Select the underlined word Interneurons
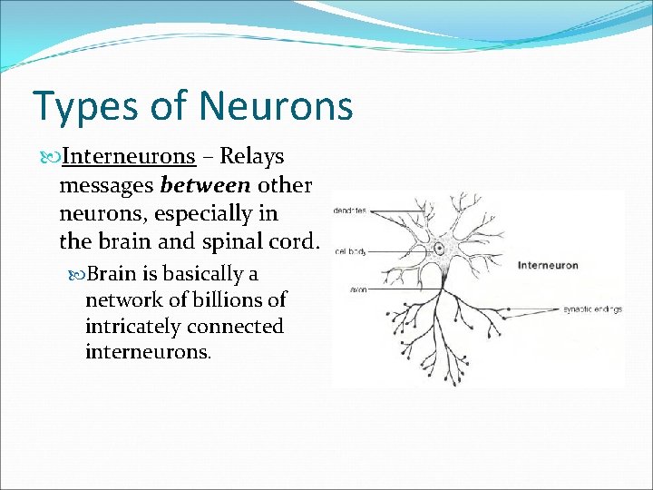[x=129, y=156]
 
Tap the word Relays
[x=252, y=156]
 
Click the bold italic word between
[x=206, y=185]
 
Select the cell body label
[x=350, y=250]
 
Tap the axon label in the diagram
[x=346, y=289]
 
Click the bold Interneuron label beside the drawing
[x=547, y=265]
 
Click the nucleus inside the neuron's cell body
[x=440, y=247]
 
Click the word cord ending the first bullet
[x=297, y=242]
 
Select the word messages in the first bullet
[x=106, y=185]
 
